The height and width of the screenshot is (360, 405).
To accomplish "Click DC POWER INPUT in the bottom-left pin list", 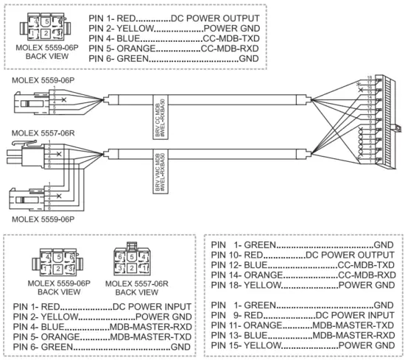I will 152,305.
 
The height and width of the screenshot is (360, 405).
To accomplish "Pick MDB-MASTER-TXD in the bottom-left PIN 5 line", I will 149,336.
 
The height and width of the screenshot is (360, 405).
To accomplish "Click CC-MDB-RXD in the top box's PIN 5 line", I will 231,47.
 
